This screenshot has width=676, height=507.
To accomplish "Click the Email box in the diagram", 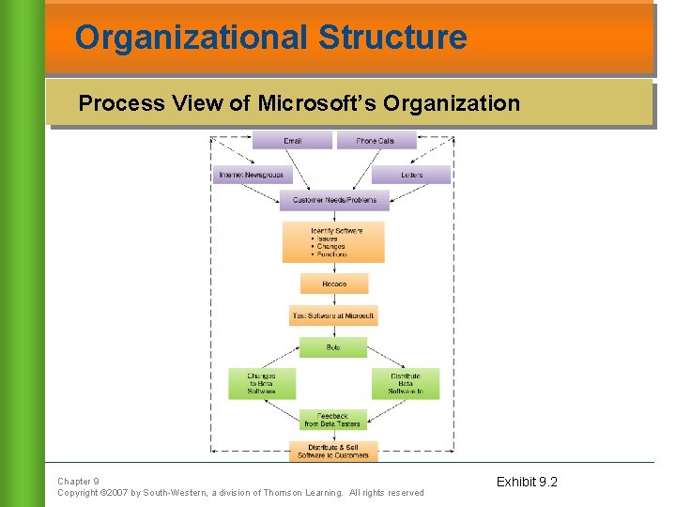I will [x=293, y=141].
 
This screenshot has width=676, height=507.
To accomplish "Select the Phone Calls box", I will [x=376, y=141].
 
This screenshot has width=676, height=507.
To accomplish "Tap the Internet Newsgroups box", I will [x=252, y=175].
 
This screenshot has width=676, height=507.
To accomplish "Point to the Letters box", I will [x=411, y=175].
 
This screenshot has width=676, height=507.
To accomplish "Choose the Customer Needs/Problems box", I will [x=334, y=200].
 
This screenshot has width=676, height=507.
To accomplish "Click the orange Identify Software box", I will [x=333, y=241].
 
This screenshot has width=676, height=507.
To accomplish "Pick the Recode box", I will [x=334, y=284].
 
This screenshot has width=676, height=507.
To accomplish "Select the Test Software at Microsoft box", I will [x=333, y=315].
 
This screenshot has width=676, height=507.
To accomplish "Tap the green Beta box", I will [x=333, y=347].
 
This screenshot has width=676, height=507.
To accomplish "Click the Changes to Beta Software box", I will [x=262, y=383].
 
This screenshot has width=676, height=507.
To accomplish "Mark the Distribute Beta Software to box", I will [x=406, y=383].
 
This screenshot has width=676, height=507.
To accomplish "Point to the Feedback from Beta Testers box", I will [x=333, y=420].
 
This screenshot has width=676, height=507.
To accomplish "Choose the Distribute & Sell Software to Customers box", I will [x=333, y=452].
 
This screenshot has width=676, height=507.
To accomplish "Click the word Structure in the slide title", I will [x=392, y=38].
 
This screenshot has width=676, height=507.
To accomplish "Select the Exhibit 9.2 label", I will [x=527, y=482].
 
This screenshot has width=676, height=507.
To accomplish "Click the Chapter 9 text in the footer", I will [x=78, y=481].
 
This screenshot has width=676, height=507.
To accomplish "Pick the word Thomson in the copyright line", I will [x=284, y=493].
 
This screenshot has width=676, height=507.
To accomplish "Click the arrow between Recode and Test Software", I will [x=333, y=300].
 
